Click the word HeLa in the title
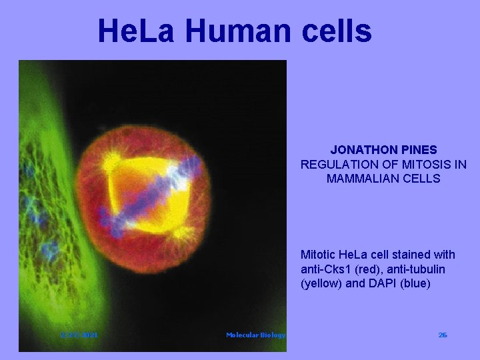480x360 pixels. pyautogui.click(x=137, y=31)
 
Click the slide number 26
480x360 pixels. pyautogui.click(x=443, y=335)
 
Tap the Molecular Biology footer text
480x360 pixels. pyautogui.click(x=255, y=335)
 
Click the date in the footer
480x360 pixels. pyautogui.click(x=79, y=335)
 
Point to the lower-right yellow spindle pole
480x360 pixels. pyautogui.click(x=181, y=233)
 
